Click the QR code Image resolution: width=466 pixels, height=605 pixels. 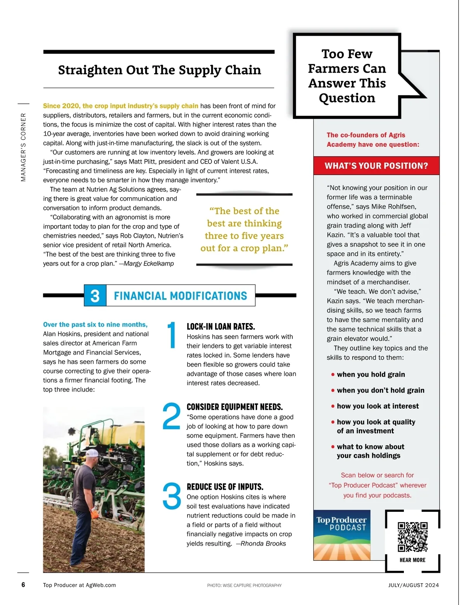pyautogui.click(x=412, y=537)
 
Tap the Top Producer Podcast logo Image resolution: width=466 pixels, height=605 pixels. pyautogui.click(x=342, y=535)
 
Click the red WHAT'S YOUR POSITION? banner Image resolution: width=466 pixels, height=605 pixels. pyautogui.click(x=376, y=166)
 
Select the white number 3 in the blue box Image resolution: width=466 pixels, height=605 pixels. pyautogui.click(x=95, y=296)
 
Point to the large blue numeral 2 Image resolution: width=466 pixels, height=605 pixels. pyautogui.click(x=171, y=416)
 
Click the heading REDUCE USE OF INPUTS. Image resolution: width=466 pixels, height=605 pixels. pyautogui.click(x=225, y=487)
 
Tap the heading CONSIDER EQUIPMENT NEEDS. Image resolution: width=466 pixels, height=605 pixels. pyautogui.click(x=235, y=407)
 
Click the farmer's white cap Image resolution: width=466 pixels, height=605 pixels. pyautogui.click(x=92, y=453)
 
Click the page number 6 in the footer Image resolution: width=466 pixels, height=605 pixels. pyautogui.click(x=23, y=585)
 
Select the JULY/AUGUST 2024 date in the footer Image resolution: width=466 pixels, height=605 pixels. pyautogui.click(x=414, y=585)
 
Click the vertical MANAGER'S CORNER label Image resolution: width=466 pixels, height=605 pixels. pyautogui.click(x=24, y=147)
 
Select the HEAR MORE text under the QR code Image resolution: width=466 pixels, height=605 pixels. pyautogui.click(x=412, y=560)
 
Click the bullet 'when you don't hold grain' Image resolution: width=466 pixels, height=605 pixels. pyautogui.click(x=380, y=390)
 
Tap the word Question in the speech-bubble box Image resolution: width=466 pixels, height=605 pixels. pyautogui.click(x=347, y=98)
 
